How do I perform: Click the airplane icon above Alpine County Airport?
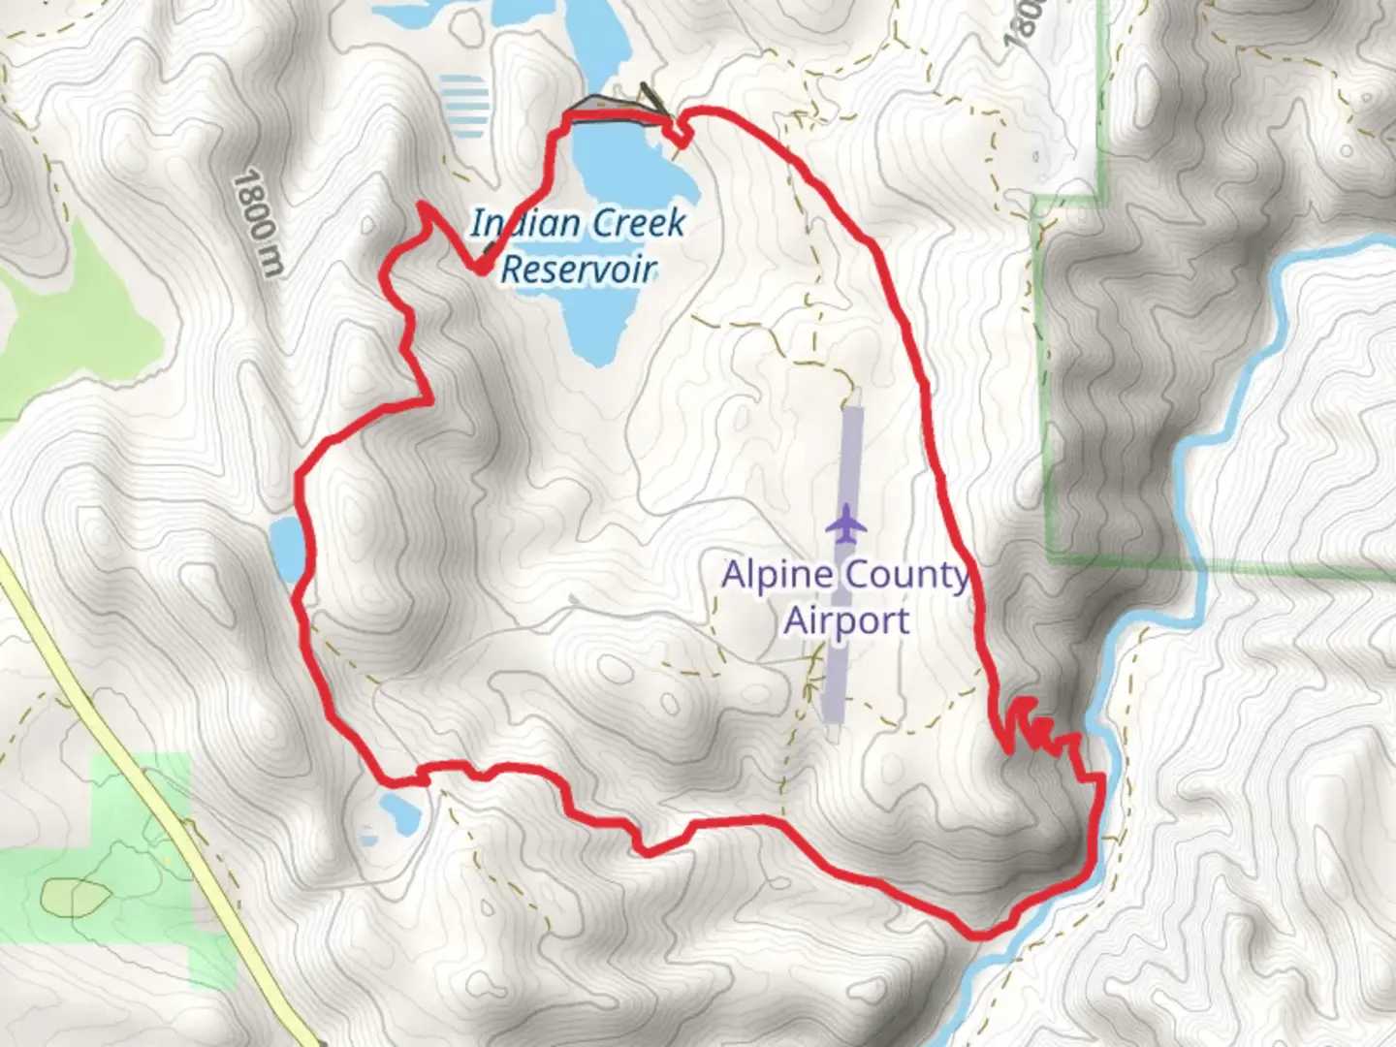click(847, 523)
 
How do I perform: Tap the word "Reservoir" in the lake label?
click(579, 269)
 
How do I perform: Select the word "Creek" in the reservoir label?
click(639, 223)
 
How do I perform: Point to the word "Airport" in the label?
click(846, 620)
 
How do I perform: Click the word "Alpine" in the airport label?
click(777, 574)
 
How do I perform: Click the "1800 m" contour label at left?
click(258, 222)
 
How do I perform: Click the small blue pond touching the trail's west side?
click(287, 549)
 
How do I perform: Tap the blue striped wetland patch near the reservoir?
click(462, 105)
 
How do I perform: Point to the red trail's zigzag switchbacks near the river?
click(1042, 729)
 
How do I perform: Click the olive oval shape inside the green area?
click(77, 897)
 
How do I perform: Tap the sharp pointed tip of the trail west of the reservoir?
click(422, 205)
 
